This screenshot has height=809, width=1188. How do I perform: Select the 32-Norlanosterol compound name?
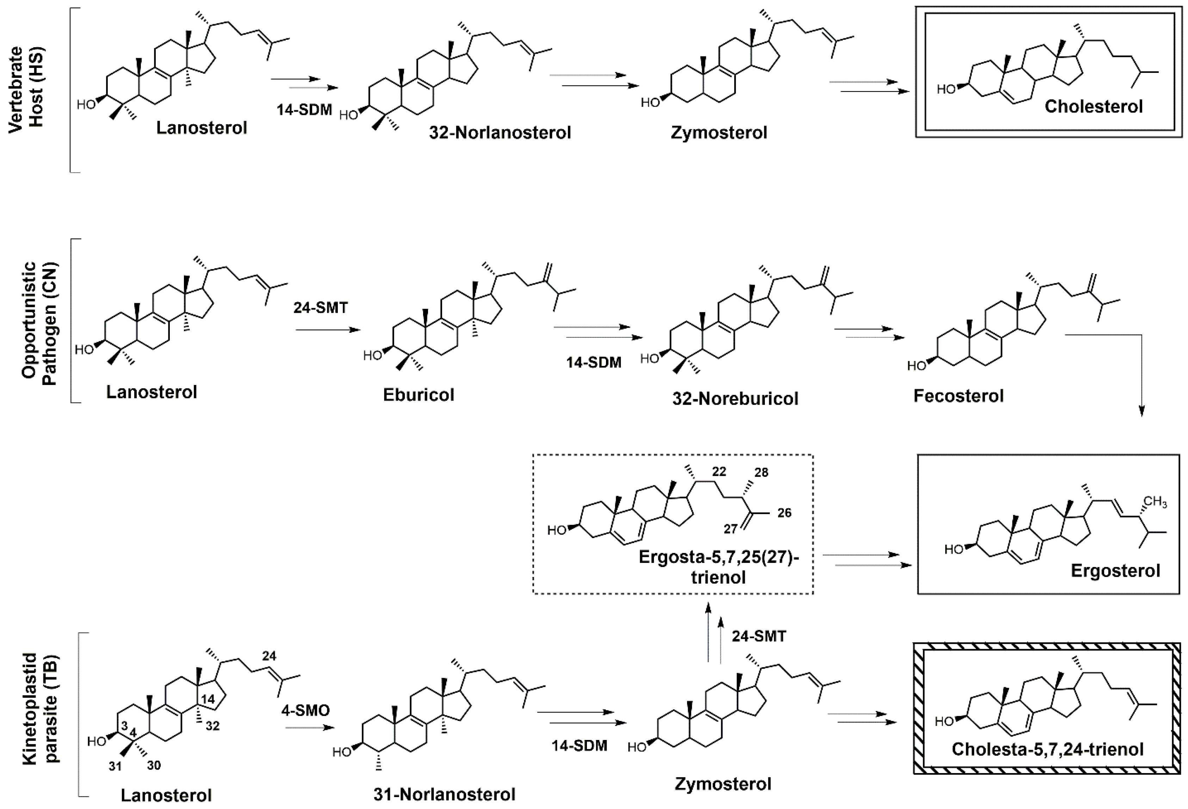pyautogui.click(x=500, y=133)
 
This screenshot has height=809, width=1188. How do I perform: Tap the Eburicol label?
pyautogui.click(x=418, y=395)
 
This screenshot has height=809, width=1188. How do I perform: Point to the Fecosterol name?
pyautogui.click(x=959, y=396)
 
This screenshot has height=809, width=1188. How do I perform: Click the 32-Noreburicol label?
pyautogui.click(x=735, y=399)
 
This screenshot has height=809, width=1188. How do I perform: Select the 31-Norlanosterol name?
pyautogui.click(x=444, y=794)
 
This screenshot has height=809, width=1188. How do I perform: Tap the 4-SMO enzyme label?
pyautogui.click(x=305, y=710)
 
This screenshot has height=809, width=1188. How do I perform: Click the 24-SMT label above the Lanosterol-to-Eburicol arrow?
pyautogui.click(x=321, y=308)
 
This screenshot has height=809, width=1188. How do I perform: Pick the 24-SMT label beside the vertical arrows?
pyautogui.click(x=758, y=636)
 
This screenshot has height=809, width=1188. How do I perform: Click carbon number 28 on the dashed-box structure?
pyautogui.click(x=761, y=472)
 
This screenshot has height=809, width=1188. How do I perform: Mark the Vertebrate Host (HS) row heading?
pyautogui.click(x=26, y=90)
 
